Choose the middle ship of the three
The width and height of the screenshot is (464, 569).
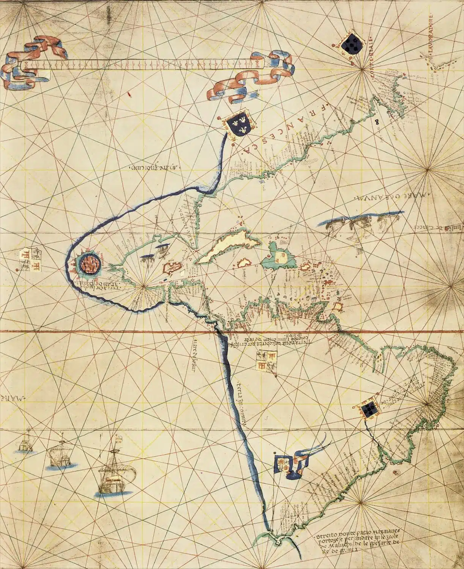click(x=61, y=455)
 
